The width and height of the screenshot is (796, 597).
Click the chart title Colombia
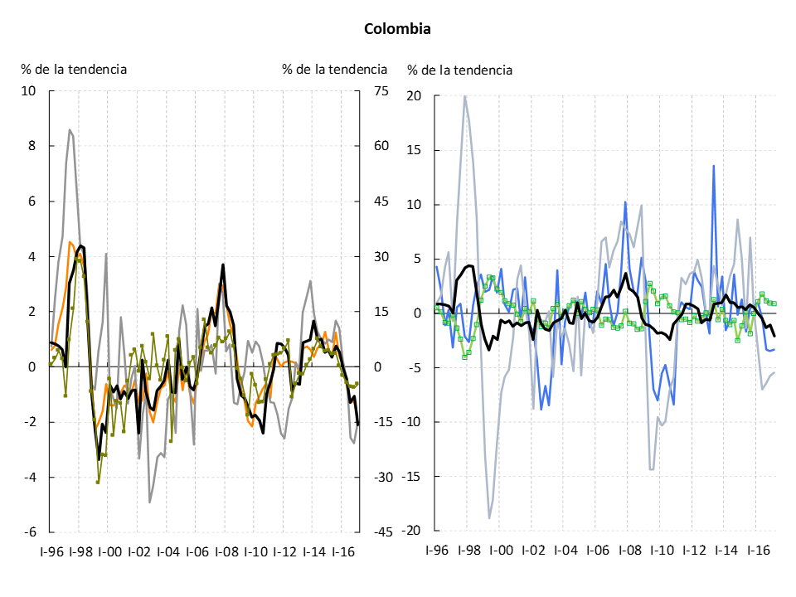point(397,29)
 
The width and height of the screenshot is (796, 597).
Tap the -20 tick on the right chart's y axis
point(412,531)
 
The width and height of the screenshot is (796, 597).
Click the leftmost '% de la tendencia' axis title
point(74,69)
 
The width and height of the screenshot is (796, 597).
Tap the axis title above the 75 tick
point(334,69)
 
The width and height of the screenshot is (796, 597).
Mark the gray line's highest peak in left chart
point(70,129)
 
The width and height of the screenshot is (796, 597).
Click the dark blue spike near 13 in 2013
point(713,166)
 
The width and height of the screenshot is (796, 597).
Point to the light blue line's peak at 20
point(464,96)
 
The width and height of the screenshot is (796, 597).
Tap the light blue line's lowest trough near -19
point(489,518)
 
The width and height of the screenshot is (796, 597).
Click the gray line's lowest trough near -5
point(150,502)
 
